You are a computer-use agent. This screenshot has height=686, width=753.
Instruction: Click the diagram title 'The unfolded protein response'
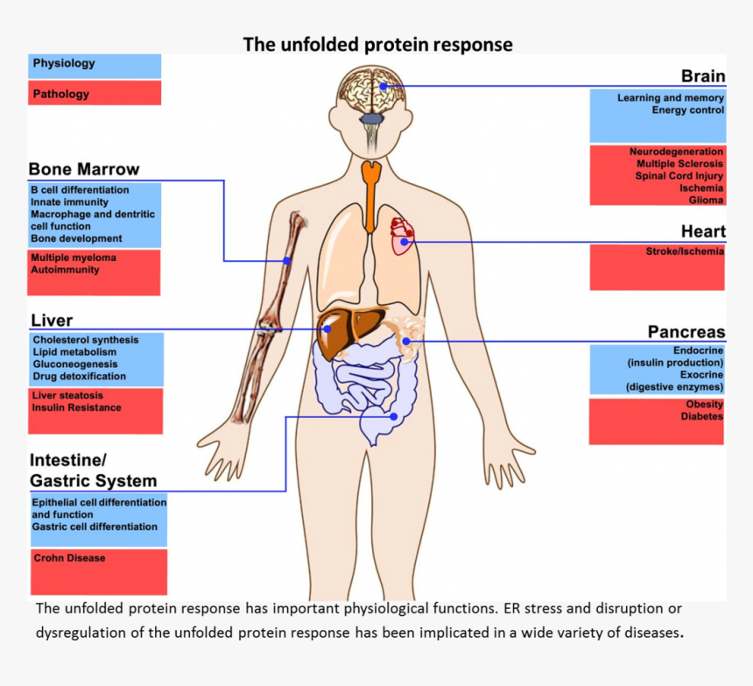(377, 44)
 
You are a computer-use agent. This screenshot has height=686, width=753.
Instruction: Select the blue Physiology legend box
(95, 66)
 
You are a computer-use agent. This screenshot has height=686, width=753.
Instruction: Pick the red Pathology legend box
(95, 93)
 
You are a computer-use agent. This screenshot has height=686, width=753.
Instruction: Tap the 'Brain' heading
(703, 77)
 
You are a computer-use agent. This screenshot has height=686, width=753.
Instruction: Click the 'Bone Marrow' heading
(84, 169)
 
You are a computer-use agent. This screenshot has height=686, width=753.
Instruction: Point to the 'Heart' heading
(703, 231)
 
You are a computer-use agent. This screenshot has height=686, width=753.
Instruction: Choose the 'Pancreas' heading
(686, 332)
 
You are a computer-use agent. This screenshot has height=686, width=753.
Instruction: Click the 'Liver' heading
(52, 321)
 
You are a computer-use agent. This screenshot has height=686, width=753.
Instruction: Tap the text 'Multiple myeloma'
(74, 258)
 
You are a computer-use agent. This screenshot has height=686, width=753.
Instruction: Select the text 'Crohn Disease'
(69, 558)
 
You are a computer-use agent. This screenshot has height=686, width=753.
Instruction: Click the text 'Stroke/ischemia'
(685, 251)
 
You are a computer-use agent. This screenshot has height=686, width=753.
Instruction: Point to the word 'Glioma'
(706, 200)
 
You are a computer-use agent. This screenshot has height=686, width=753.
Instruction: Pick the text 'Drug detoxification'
(79, 376)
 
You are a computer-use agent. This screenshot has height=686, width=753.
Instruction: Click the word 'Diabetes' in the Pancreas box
(702, 416)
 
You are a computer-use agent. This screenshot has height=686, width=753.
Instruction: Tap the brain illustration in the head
(371, 92)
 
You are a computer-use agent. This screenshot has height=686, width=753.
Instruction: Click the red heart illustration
(402, 236)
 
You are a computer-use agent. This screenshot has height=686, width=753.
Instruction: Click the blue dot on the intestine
(395, 416)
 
